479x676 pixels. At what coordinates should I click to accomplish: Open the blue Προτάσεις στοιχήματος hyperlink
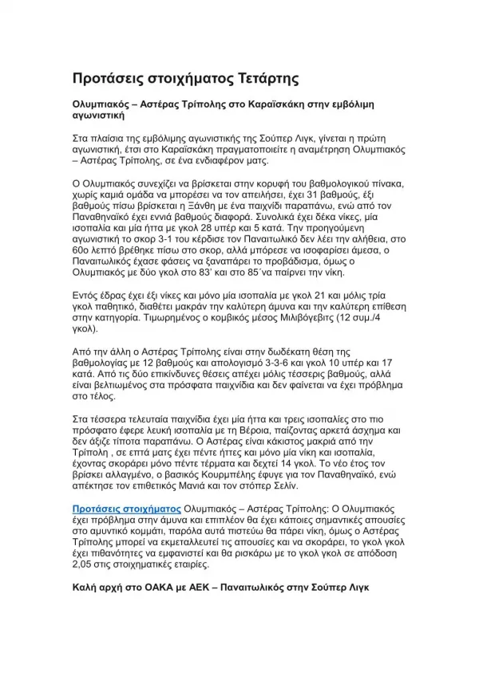(x=126, y=507)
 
